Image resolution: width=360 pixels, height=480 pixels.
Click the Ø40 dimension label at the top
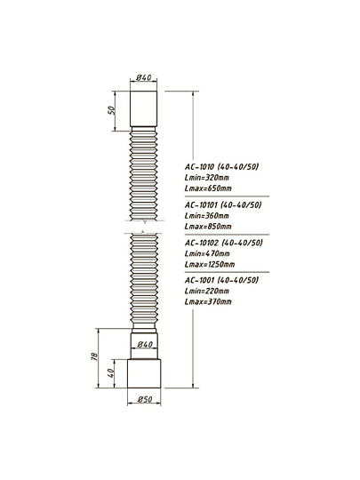click(144, 77)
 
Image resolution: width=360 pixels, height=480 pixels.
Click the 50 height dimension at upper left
click(112, 110)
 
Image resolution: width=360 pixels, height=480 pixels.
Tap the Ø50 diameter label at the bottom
click(145, 399)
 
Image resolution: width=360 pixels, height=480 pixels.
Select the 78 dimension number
click(95, 356)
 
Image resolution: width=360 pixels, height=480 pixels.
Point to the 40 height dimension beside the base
click(111, 372)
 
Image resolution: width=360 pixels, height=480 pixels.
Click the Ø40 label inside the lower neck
click(145, 344)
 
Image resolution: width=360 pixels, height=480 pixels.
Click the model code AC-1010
click(200, 167)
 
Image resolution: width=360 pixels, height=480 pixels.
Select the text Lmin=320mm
click(207, 178)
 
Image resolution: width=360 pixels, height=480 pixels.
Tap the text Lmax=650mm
click(208, 188)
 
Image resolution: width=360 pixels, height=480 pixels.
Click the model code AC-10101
click(201, 204)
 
